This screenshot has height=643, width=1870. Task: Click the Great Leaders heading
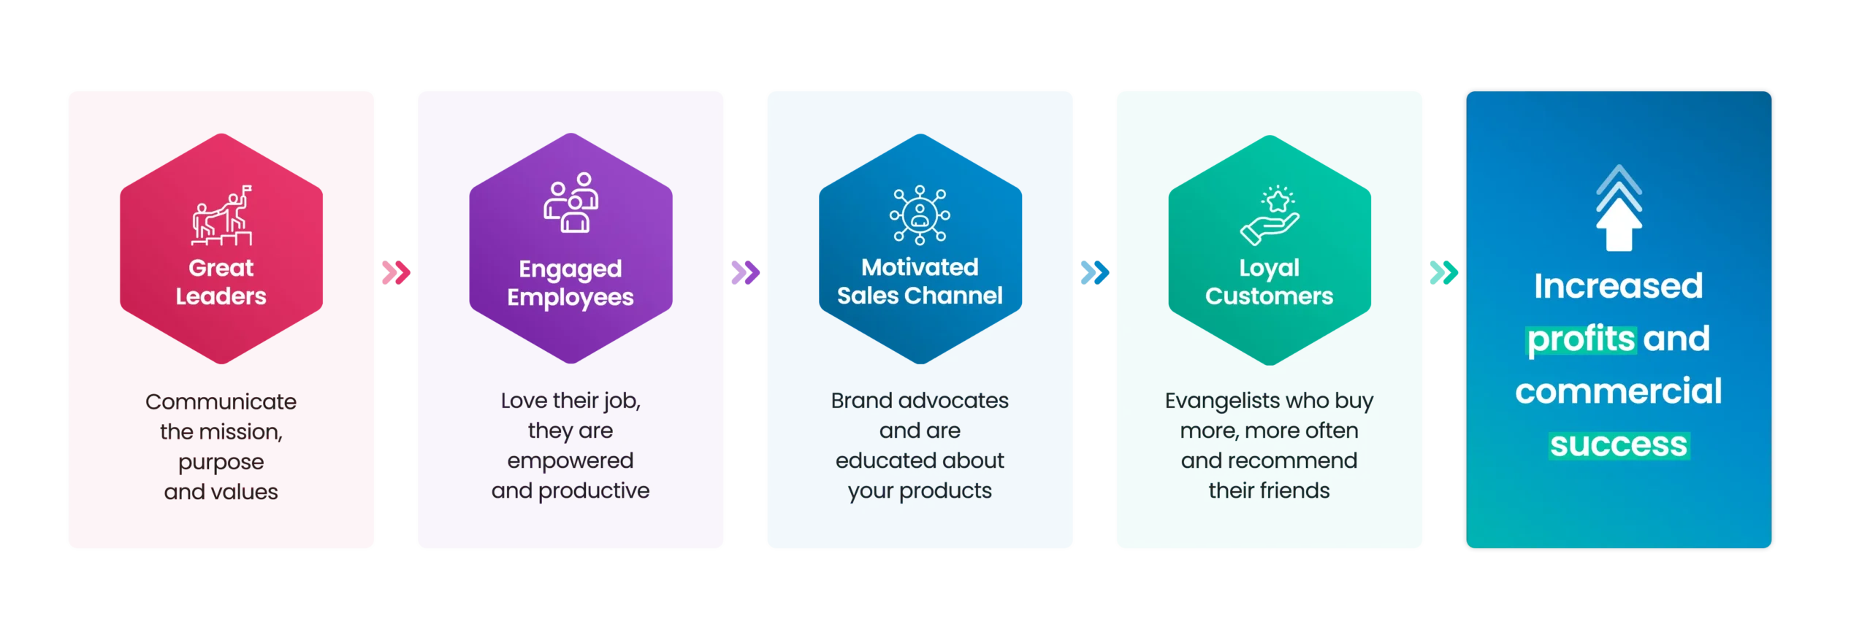(221, 282)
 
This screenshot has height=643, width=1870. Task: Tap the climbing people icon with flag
(222, 215)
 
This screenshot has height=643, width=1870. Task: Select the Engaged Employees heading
(570, 283)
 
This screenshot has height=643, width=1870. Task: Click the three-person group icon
(570, 203)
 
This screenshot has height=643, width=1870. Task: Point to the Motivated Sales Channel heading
(920, 281)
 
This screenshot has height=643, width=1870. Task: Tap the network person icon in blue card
(920, 215)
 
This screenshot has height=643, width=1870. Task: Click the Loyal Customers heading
(1269, 282)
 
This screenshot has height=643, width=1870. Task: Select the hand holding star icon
(1270, 215)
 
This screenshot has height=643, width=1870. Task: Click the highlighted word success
(1619, 444)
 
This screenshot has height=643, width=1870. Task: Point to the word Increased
(1618, 285)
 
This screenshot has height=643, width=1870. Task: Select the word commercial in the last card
(1618, 391)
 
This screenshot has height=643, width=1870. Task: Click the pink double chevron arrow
(396, 273)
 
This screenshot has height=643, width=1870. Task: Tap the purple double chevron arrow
(745, 273)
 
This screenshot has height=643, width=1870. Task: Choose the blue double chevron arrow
(1094, 273)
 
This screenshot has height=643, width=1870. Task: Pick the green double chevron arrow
(1443, 273)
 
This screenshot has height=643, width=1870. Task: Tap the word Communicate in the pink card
(221, 402)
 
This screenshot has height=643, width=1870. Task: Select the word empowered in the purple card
(570, 461)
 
